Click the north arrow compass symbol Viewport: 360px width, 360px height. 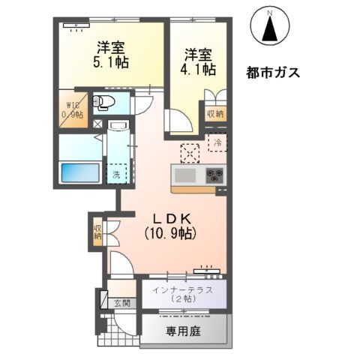270,26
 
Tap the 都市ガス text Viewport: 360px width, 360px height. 273,73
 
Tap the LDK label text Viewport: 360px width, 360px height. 171,217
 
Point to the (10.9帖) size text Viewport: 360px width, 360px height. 171,233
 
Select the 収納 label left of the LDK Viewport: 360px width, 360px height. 97,231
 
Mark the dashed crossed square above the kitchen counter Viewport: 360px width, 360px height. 190,151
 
